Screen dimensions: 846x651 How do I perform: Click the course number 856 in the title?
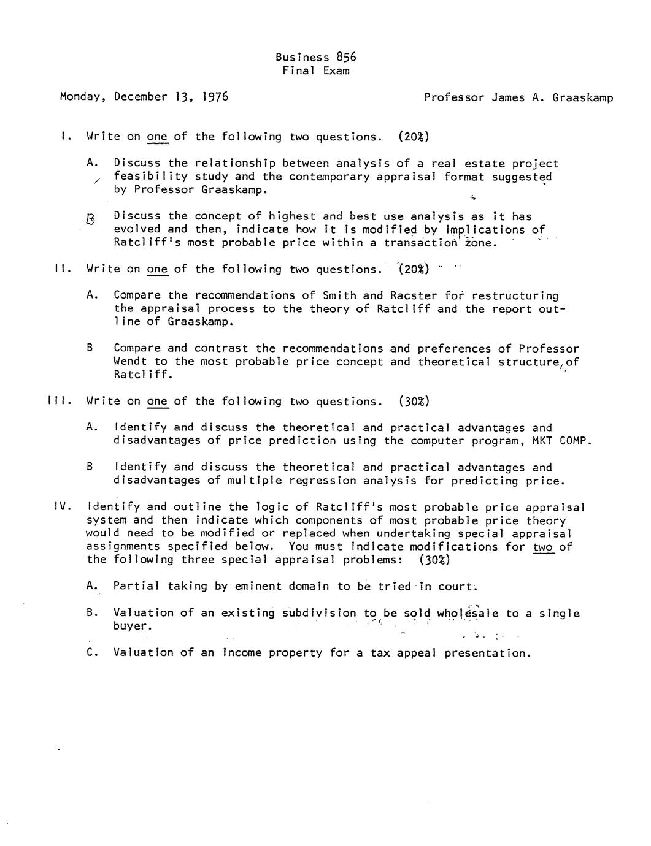pyautogui.click(x=345, y=57)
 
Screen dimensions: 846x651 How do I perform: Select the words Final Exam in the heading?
pyautogui.click(x=316, y=70)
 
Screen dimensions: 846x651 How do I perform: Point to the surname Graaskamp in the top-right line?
pyautogui.click(x=583, y=97)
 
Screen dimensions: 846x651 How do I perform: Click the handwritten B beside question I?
pyautogui.click(x=91, y=218)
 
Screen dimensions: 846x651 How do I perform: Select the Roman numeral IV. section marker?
pyautogui.click(x=63, y=507)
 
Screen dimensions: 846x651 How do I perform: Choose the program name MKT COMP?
pyautogui.click(x=560, y=441)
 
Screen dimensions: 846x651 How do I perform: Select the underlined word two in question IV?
pyautogui.click(x=544, y=547)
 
